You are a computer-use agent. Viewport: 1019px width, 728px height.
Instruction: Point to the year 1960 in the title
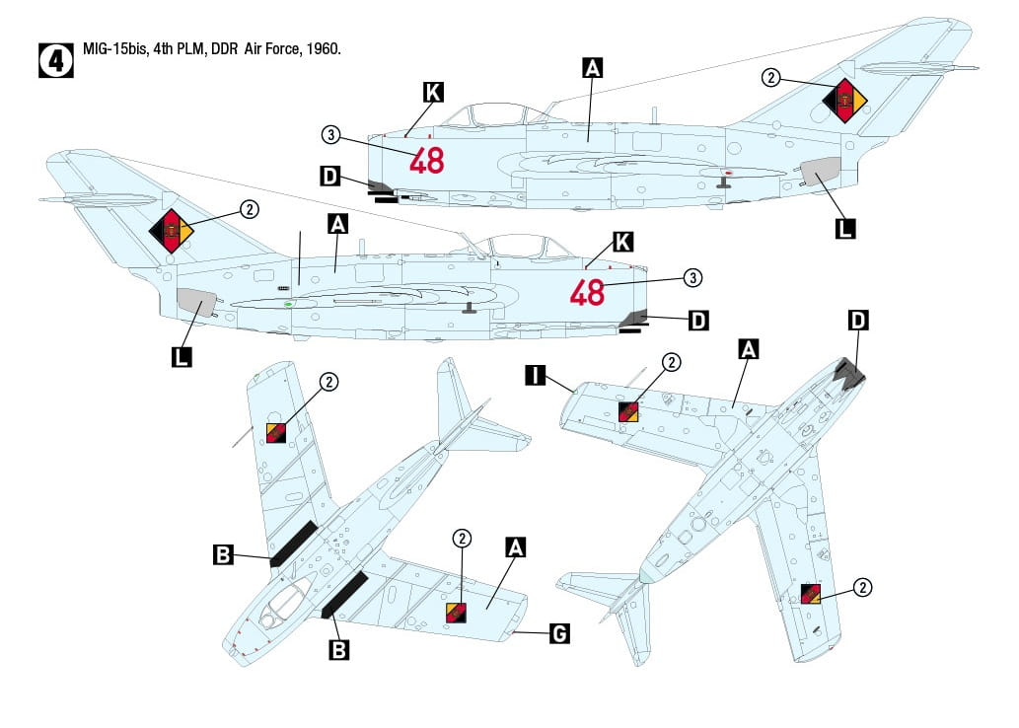[322, 49]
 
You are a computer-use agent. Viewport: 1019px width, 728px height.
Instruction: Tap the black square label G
[558, 633]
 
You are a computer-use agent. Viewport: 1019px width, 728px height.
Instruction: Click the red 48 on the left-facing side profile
[427, 160]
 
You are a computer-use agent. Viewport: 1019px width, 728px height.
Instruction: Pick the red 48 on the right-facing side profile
[587, 292]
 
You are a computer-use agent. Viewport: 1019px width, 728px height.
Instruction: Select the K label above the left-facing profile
[432, 93]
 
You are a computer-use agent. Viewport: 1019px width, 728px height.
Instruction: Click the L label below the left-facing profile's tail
[845, 229]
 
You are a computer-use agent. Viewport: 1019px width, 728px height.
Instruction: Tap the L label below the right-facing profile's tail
[182, 356]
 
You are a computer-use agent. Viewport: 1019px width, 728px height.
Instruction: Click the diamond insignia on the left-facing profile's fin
[845, 100]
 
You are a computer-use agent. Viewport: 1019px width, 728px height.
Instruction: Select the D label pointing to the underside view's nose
[858, 320]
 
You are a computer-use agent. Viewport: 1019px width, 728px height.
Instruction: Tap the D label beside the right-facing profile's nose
[697, 320]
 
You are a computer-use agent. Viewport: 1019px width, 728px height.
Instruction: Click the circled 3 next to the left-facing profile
[331, 135]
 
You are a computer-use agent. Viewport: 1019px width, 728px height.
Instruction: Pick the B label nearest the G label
[338, 650]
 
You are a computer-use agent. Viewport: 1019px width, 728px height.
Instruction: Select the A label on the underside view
[749, 349]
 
